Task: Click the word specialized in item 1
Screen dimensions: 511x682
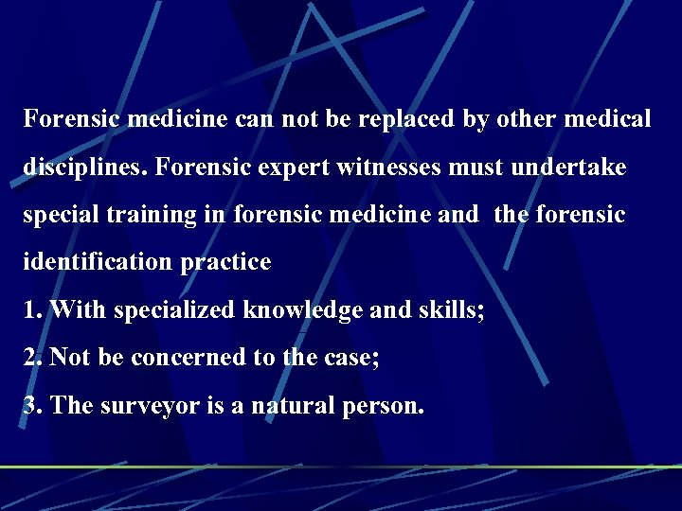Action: click(176, 310)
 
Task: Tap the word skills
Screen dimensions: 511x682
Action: click(447, 310)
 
